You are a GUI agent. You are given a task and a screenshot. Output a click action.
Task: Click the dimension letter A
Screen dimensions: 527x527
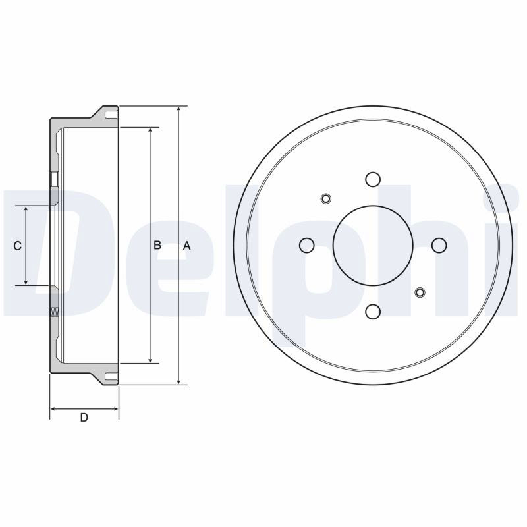187,246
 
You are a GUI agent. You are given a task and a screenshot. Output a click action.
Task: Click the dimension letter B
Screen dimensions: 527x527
157,245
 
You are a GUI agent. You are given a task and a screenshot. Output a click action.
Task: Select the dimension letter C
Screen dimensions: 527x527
18,246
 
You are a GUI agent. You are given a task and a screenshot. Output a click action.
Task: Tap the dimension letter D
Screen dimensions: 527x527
84,418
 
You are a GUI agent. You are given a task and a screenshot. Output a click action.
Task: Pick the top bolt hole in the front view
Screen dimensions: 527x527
373,179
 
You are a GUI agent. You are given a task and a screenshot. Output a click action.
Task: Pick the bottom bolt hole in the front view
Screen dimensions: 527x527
373,312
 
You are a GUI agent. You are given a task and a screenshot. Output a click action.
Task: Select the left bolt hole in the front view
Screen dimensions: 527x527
306,245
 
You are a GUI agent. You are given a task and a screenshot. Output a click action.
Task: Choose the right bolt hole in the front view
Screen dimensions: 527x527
439,245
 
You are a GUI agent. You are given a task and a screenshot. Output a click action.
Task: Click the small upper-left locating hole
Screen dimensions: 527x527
325,199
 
